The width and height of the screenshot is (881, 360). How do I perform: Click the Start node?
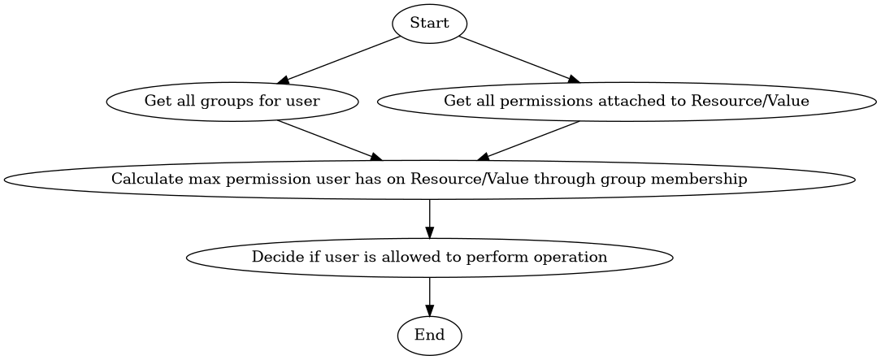[x=429, y=24]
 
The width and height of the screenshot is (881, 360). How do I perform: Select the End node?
[x=429, y=335]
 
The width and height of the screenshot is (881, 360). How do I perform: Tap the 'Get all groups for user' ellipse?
[x=232, y=102]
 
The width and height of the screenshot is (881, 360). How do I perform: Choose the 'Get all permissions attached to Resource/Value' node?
[x=626, y=102]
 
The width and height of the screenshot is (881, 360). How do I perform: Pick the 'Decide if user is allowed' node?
[x=429, y=258]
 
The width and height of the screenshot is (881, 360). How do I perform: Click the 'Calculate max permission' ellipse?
[x=429, y=180]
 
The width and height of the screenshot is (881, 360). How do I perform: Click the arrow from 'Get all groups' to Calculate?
[x=330, y=141]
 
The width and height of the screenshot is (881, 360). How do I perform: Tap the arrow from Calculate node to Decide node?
[x=429, y=218]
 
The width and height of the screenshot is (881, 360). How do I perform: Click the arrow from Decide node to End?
[x=429, y=296]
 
